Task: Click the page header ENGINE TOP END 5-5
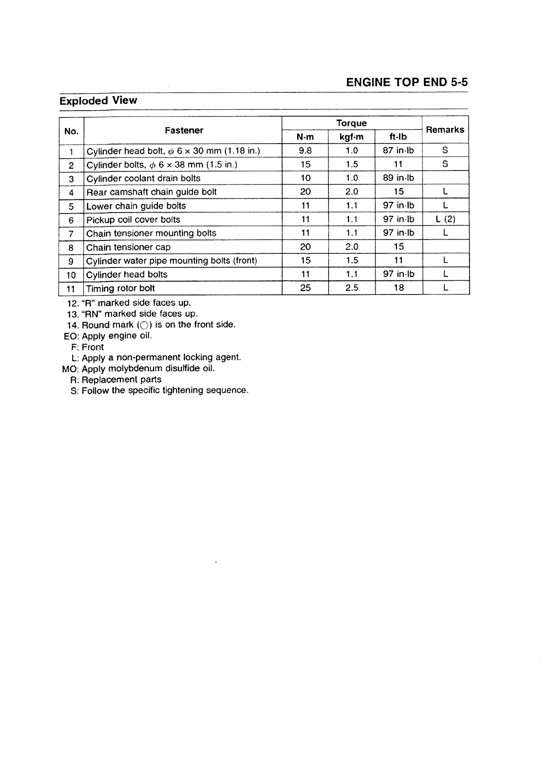pos(407,82)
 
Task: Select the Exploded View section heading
pos(98,101)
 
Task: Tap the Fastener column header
pos(184,131)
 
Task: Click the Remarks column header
pos(445,130)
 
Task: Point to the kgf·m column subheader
pos(351,137)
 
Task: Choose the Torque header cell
pos(351,123)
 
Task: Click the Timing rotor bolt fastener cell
pos(121,289)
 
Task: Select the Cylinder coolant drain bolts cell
pos(143,178)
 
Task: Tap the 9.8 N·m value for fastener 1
pos(305,150)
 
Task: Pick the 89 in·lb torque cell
pos(398,178)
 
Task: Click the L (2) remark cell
pos(445,219)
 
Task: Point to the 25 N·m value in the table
pos(305,288)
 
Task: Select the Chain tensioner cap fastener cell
pos(128,247)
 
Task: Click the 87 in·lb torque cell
pos(398,150)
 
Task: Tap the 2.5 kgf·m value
pos(352,288)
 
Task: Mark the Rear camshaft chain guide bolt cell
pos(151,192)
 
